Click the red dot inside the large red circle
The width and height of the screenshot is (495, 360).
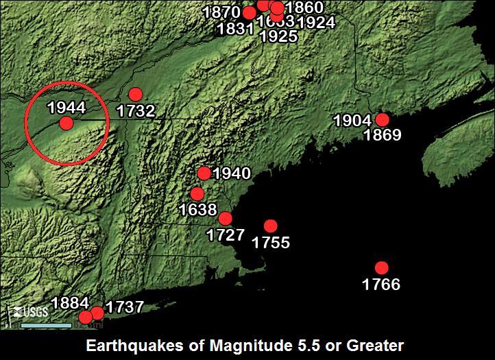click(66, 123)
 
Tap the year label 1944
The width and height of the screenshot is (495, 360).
click(67, 108)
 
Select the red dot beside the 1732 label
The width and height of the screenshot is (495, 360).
click(135, 95)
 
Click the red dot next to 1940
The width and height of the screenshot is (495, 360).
click(204, 173)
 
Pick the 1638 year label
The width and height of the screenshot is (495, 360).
click(197, 209)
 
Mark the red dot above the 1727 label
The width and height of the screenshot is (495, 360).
click(225, 219)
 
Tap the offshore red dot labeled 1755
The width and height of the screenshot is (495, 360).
click(270, 226)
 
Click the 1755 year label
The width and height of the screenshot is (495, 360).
click(271, 242)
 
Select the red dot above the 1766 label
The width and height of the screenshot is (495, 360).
click(381, 268)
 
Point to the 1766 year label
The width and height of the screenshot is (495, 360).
click(381, 284)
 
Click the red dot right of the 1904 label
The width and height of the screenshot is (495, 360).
click(383, 120)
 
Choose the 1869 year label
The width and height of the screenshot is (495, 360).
click(383, 135)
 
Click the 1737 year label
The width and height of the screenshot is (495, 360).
click(124, 307)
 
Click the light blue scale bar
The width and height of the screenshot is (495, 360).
click(46, 324)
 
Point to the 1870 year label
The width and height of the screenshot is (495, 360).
click(223, 12)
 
